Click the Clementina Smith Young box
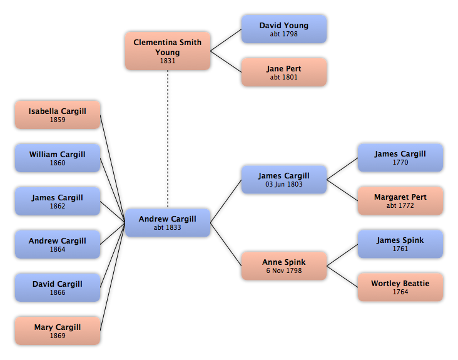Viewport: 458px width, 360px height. (168, 51)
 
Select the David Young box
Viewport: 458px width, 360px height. (284, 29)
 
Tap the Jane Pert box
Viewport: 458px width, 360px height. (284, 72)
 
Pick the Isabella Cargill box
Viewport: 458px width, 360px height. (58, 115)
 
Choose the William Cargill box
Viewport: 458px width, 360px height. (58, 158)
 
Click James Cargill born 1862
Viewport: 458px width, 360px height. (58, 201)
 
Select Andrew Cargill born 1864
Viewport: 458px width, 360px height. (58, 244)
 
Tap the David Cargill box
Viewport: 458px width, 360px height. (58, 287)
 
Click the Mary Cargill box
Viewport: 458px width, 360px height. (58, 331)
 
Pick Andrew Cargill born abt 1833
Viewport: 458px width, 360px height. (168, 223)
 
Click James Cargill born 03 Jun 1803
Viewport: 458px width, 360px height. (284, 180)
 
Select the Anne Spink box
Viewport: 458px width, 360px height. (284, 266)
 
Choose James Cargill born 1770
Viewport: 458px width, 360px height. (400, 158)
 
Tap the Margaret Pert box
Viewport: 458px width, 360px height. (400, 201)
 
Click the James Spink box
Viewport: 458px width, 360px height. (400, 244)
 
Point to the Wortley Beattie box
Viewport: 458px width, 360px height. (400, 287)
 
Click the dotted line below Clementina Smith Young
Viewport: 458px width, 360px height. (168, 139)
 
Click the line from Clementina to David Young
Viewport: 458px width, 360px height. (226, 40)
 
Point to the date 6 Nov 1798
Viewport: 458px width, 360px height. (284, 270)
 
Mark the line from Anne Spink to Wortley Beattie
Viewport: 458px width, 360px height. (342, 277)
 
